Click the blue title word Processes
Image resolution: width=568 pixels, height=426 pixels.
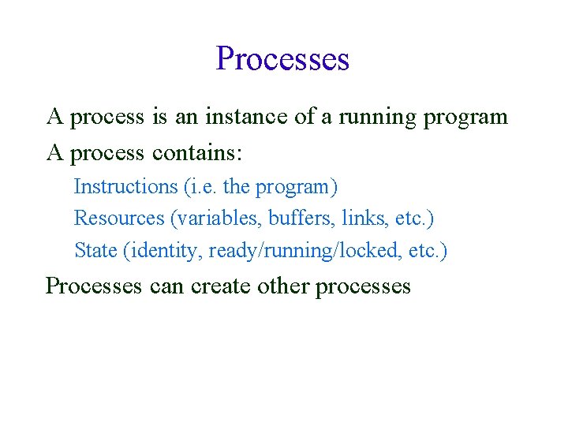[282, 59]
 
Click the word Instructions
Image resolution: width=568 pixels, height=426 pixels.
[125, 187]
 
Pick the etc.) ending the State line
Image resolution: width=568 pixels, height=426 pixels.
[428, 251]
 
